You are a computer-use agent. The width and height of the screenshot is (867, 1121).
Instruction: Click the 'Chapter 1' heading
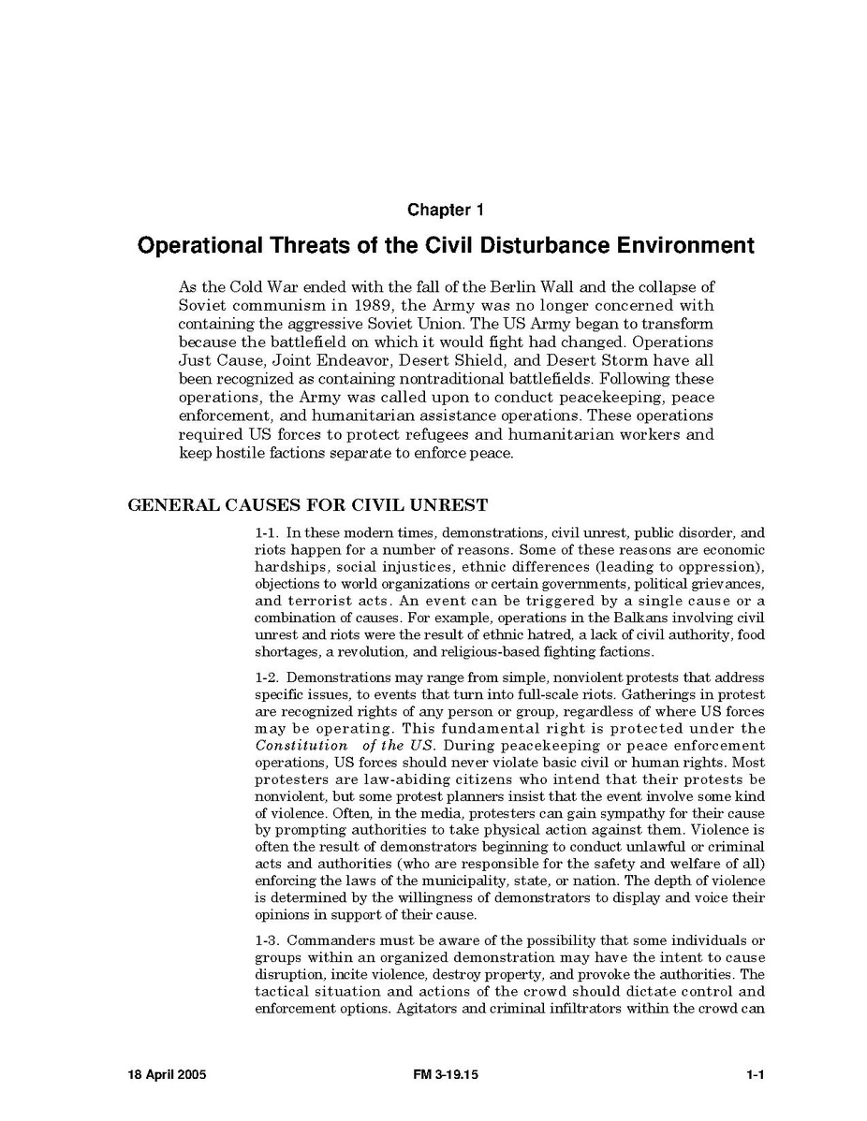[445, 210]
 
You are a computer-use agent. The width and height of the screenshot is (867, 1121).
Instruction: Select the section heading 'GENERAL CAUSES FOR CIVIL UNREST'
[307, 505]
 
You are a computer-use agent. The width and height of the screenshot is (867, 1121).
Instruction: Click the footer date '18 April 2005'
[167, 1075]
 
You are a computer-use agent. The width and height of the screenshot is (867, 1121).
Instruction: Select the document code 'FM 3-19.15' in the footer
[445, 1075]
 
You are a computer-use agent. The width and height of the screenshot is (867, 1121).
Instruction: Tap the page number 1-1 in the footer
[756, 1075]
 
